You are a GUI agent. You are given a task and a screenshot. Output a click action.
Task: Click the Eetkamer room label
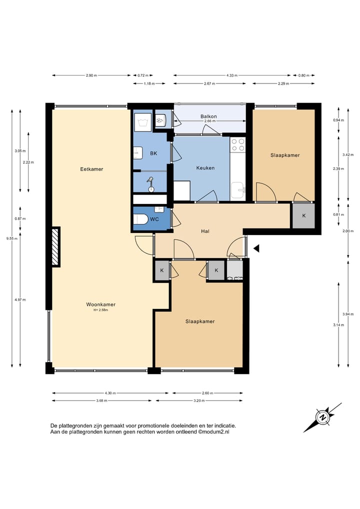tap(91, 169)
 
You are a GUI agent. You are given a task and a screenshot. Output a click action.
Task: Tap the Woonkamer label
tap(100, 304)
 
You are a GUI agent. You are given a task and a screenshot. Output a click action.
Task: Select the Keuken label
tap(205, 168)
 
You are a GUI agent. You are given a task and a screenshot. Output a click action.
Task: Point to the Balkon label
tap(208, 116)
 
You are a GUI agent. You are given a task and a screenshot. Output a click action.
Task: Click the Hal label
tap(205, 231)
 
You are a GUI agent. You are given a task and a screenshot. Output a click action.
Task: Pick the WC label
tap(154, 219)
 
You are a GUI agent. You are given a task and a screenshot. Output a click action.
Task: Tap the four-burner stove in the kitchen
tap(237, 145)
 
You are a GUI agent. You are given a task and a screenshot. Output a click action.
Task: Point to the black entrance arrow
tap(256, 248)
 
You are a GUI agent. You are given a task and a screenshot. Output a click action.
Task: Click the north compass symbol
tap(322, 417)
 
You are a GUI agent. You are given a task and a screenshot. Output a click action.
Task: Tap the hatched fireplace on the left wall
tap(55, 246)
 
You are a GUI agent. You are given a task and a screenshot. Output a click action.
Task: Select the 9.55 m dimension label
tap(12, 238)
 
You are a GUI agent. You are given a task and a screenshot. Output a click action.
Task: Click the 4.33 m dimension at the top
tap(232, 75)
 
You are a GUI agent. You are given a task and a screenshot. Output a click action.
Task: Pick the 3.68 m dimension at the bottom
tap(101, 400)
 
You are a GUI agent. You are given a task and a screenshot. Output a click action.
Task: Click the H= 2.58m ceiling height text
tap(100, 310)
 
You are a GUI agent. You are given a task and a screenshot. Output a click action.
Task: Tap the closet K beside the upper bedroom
tap(304, 215)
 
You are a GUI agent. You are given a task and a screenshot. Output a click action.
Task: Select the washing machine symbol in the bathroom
tap(142, 122)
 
